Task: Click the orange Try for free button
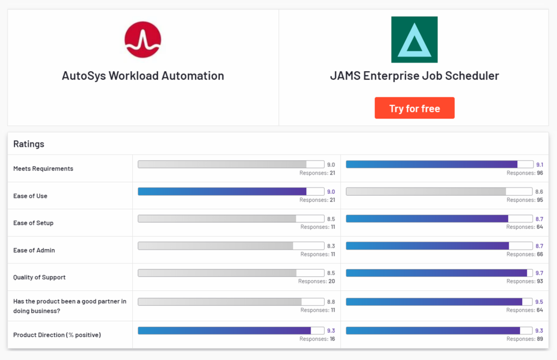click(414, 108)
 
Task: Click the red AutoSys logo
click(143, 40)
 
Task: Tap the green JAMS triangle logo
click(414, 40)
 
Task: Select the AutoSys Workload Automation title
click(143, 76)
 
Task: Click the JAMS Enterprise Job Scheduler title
click(414, 76)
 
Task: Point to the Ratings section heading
click(29, 144)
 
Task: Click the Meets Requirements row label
click(43, 169)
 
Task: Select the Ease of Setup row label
click(33, 223)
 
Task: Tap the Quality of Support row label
click(39, 277)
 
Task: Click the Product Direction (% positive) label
click(57, 335)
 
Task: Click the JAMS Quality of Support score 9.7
click(539, 273)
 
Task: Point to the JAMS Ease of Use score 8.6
click(539, 191)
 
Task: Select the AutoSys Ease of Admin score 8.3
click(331, 246)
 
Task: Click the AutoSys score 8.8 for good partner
click(331, 302)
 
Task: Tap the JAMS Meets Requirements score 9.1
click(539, 164)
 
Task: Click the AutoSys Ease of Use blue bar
click(222, 191)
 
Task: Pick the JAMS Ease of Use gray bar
click(426, 191)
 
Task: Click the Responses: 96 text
click(524, 173)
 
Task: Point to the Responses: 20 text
click(317, 282)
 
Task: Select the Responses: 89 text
click(524, 339)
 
